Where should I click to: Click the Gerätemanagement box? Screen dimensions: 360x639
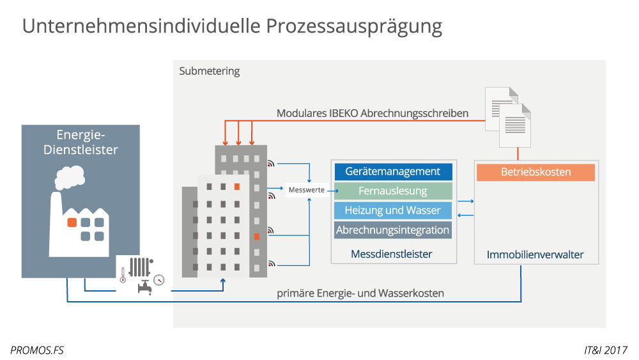pos(393,171)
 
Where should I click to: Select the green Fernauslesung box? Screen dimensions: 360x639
pos(393,191)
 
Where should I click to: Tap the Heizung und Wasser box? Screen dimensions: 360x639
pos(393,210)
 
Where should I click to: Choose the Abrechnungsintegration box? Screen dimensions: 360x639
pos(393,230)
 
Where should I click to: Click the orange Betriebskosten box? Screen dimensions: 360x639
pos(535,172)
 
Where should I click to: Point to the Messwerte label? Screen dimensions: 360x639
pos(305,190)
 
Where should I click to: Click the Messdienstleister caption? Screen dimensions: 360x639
pos(392,254)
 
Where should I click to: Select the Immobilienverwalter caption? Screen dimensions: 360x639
pos(535,254)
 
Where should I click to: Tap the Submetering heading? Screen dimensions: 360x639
pos(210,71)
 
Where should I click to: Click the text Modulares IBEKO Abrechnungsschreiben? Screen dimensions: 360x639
pos(373,113)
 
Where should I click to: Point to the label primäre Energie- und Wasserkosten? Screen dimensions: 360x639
pos(360,293)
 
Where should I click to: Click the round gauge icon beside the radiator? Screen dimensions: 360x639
pos(159,279)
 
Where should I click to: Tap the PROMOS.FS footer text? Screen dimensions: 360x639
pos(37,350)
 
